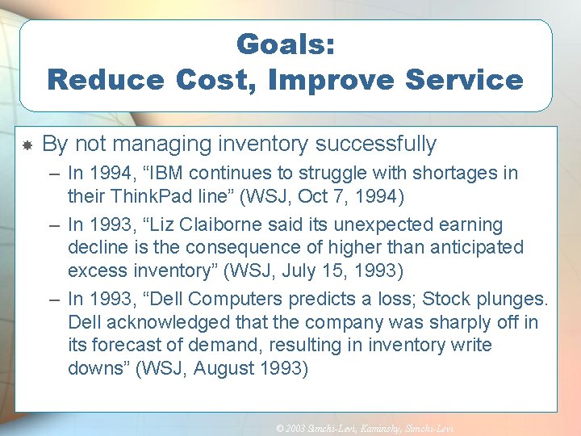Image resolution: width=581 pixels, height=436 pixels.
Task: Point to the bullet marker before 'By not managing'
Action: pos(27,146)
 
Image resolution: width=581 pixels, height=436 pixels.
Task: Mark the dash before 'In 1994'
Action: pos(53,173)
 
